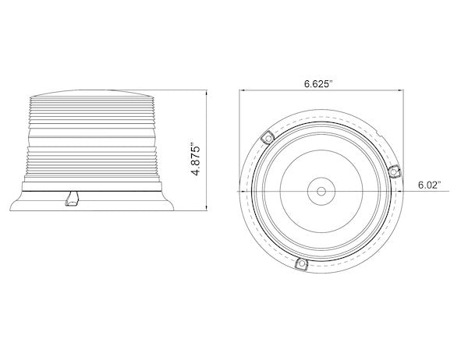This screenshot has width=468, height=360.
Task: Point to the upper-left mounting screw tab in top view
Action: (267, 137)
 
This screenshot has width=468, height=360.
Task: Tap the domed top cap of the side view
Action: (94, 90)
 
